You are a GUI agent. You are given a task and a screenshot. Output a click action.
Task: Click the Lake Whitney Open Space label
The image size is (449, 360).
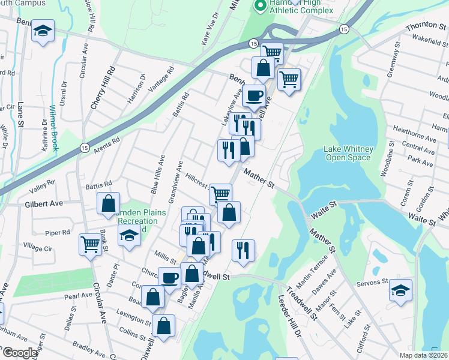(x=349, y=153)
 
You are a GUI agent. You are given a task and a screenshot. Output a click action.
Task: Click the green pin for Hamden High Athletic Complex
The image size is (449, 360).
(x=261, y=7)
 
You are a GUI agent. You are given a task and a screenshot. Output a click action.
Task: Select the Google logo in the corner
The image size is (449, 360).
(x=19, y=353)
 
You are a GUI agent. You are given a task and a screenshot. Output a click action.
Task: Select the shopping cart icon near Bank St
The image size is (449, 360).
(x=90, y=244)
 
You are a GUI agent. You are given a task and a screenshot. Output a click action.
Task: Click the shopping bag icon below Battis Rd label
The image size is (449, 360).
(x=109, y=203)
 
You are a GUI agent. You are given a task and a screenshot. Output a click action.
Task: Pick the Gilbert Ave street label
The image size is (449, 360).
(x=44, y=204)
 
